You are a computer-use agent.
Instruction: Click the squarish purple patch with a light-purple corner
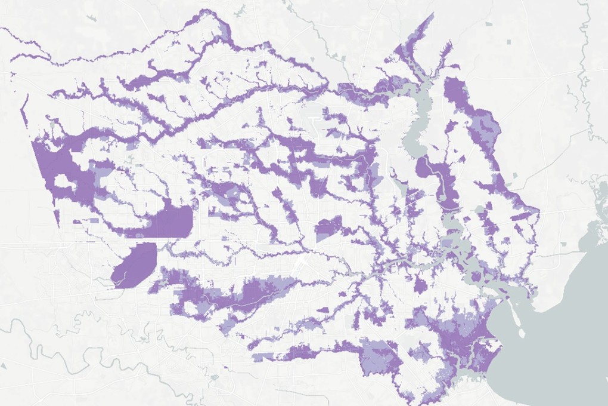pos(328,227)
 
